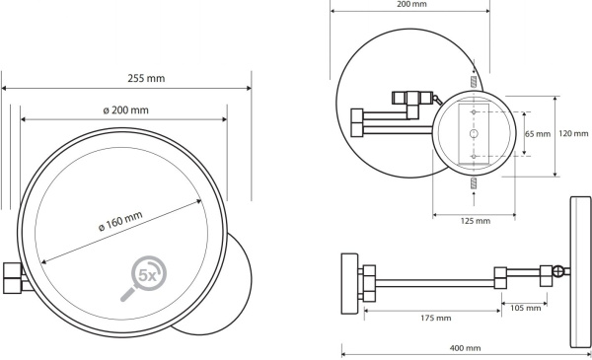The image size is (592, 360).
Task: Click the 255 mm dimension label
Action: pos(146,78)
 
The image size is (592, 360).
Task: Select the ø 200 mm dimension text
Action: pos(125,110)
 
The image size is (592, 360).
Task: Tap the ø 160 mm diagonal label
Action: pos(120,221)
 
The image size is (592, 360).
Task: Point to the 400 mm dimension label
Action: pos(465,348)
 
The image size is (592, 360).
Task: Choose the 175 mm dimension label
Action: pos(436,319)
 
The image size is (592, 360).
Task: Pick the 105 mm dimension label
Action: pos(526,308)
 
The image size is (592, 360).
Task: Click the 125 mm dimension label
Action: pos(476,221)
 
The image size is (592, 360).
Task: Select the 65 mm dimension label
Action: pos(538,134)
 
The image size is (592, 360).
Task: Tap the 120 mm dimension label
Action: pos(573,133)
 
